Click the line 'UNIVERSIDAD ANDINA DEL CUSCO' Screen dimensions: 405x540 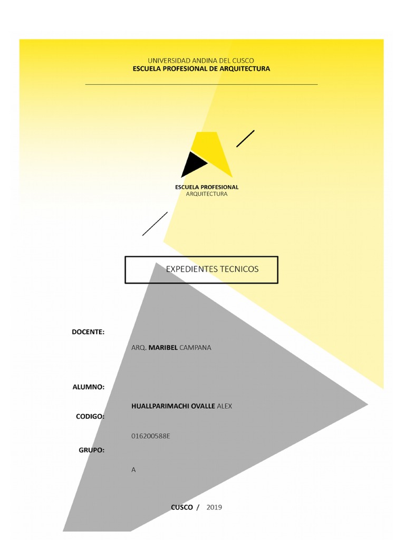(200, 61)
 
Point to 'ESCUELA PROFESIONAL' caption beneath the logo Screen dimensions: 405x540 (207, 187)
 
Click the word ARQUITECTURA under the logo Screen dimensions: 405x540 (207, 194)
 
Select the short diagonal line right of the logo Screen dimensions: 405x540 (245, 139)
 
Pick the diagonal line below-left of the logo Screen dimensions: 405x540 (155, 224)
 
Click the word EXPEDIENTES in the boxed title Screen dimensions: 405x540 (192, 269)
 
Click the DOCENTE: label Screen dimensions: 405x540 (88, 332)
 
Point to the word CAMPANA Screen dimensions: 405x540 (195, 348)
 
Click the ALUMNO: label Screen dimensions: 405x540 (88, 387)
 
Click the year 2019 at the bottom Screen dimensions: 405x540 (214, 507)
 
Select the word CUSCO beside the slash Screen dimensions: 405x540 (182, 507)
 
